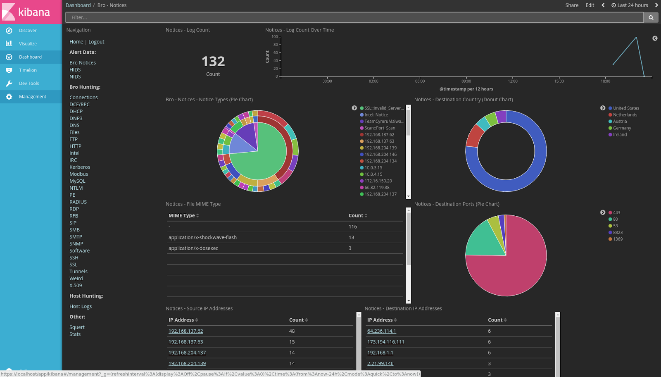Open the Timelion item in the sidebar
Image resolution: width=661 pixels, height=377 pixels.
28,70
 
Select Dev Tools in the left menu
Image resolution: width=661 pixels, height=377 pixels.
29,84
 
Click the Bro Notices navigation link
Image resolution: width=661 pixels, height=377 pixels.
83,63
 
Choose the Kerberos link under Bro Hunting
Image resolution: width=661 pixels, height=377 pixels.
80,167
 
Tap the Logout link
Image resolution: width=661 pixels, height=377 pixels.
96,42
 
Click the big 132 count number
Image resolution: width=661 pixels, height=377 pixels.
213,62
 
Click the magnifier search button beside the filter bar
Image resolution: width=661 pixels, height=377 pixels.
651,17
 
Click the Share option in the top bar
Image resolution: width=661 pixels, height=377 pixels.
572,5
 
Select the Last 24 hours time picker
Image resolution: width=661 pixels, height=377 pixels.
630,5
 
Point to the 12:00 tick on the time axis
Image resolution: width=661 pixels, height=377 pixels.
513,81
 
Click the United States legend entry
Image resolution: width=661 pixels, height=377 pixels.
625,108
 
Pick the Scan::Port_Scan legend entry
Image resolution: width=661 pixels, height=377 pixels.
379,128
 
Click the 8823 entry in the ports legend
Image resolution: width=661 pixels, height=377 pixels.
617,233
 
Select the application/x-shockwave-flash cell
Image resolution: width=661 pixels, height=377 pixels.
202,238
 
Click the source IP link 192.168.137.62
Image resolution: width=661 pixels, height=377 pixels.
185,331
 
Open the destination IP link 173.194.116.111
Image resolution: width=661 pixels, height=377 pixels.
385,342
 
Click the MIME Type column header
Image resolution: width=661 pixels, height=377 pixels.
182,216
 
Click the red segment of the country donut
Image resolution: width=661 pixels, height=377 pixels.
474,136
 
